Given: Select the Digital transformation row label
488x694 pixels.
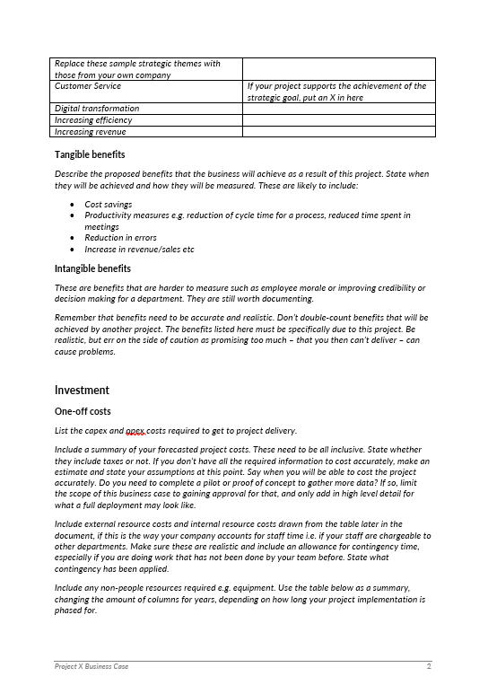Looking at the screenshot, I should pos(97,109).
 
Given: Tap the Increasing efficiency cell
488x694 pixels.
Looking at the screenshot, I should pos(93,120).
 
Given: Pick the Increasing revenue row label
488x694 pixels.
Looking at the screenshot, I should pos(91,132).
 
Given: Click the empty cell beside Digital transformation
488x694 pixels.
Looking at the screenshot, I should pos(338,109).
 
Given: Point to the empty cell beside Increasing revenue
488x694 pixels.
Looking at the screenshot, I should pos(338,132).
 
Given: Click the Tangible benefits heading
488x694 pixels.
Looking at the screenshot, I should pos(90,155).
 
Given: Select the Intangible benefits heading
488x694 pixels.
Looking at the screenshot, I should pos(92,268).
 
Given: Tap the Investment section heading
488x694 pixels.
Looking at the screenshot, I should pos(82,391).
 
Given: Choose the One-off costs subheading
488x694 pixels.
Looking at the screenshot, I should pos(83,411).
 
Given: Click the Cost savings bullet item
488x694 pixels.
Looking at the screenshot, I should pos(108,205).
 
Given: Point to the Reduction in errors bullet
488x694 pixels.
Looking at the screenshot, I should pos(120,238).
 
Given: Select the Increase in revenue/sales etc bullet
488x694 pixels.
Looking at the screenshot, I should pos(139,250).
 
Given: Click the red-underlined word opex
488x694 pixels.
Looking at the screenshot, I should pos(135,431).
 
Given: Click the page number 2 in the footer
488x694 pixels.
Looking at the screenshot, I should pos(429,667).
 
